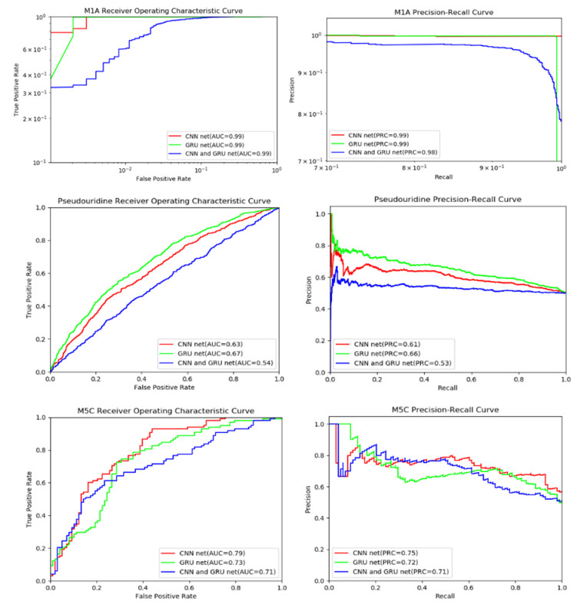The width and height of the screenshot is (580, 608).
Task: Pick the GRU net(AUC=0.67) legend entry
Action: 212,352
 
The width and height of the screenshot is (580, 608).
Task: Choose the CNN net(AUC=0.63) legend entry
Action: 212,342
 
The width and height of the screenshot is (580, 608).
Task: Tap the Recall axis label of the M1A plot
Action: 449,176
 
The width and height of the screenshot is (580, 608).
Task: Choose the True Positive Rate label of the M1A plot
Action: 15,90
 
